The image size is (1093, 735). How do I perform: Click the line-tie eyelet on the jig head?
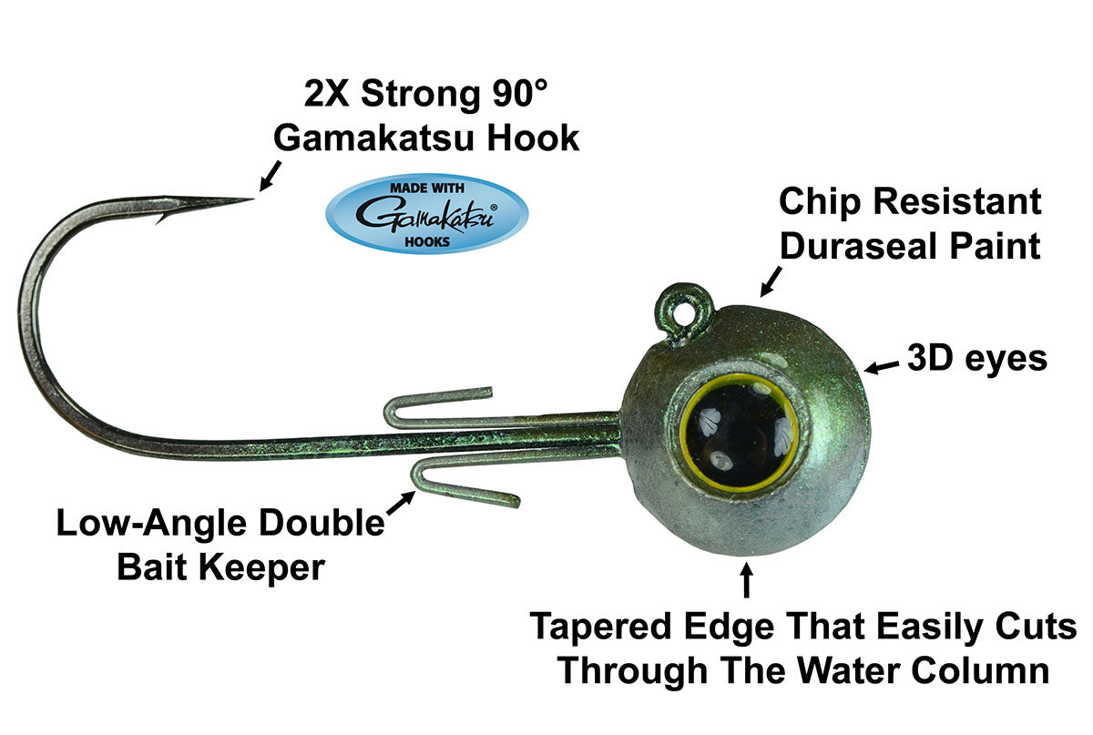[683, 312]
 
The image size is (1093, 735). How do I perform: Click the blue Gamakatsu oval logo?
[427, 214]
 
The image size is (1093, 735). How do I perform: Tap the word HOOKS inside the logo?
[427, 241]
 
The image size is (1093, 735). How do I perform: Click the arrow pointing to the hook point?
[271, 176]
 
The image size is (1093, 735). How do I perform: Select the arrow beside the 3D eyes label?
[882, 367]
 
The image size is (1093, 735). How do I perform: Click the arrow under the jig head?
[746, 580]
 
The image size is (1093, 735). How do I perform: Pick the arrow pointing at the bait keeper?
[401, 503]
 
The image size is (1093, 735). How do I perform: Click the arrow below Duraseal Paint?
[771, 281]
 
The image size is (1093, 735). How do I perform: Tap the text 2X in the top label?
[326, 93]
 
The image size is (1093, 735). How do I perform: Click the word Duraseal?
[861, 246]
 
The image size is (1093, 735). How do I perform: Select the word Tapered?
[600, 627]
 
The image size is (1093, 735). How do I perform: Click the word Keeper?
[261, 567]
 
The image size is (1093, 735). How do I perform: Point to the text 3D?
[930, 358]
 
